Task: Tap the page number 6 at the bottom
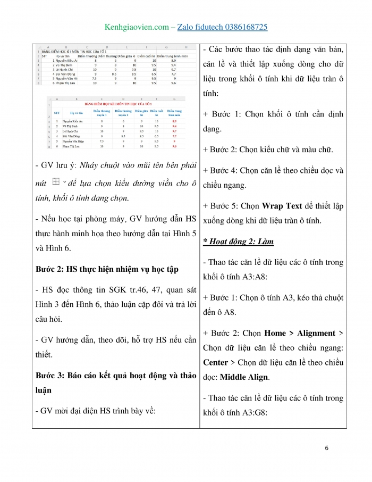click(x=326, y=448)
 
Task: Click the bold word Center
click(x=217, y=362)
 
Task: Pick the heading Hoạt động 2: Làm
click(x=239, y=242)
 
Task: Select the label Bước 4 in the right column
click(x=225, y=171)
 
